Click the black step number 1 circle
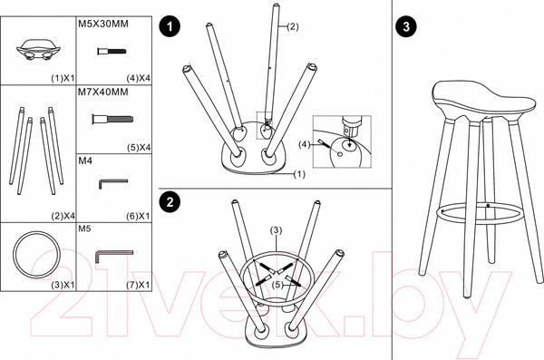[x=170, y=26]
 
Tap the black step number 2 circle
[x=170, y=202]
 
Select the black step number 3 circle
[x=406, y=26]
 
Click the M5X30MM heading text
[x=103, y=24]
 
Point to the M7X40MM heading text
[x=103, y=92]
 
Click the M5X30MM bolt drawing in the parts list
[x=112, y=52]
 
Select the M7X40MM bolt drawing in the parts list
[x=112, y=120]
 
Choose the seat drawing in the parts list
[x=38, y=49]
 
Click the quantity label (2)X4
[x=63, y=216]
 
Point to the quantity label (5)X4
[x=139, y=148]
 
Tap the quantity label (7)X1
[x=138, y=285]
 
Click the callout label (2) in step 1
[x=293, y=26]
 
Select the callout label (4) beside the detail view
[x=305, y=144]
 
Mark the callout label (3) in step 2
[x=277, y=230]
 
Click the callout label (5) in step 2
[x=277, y=285]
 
